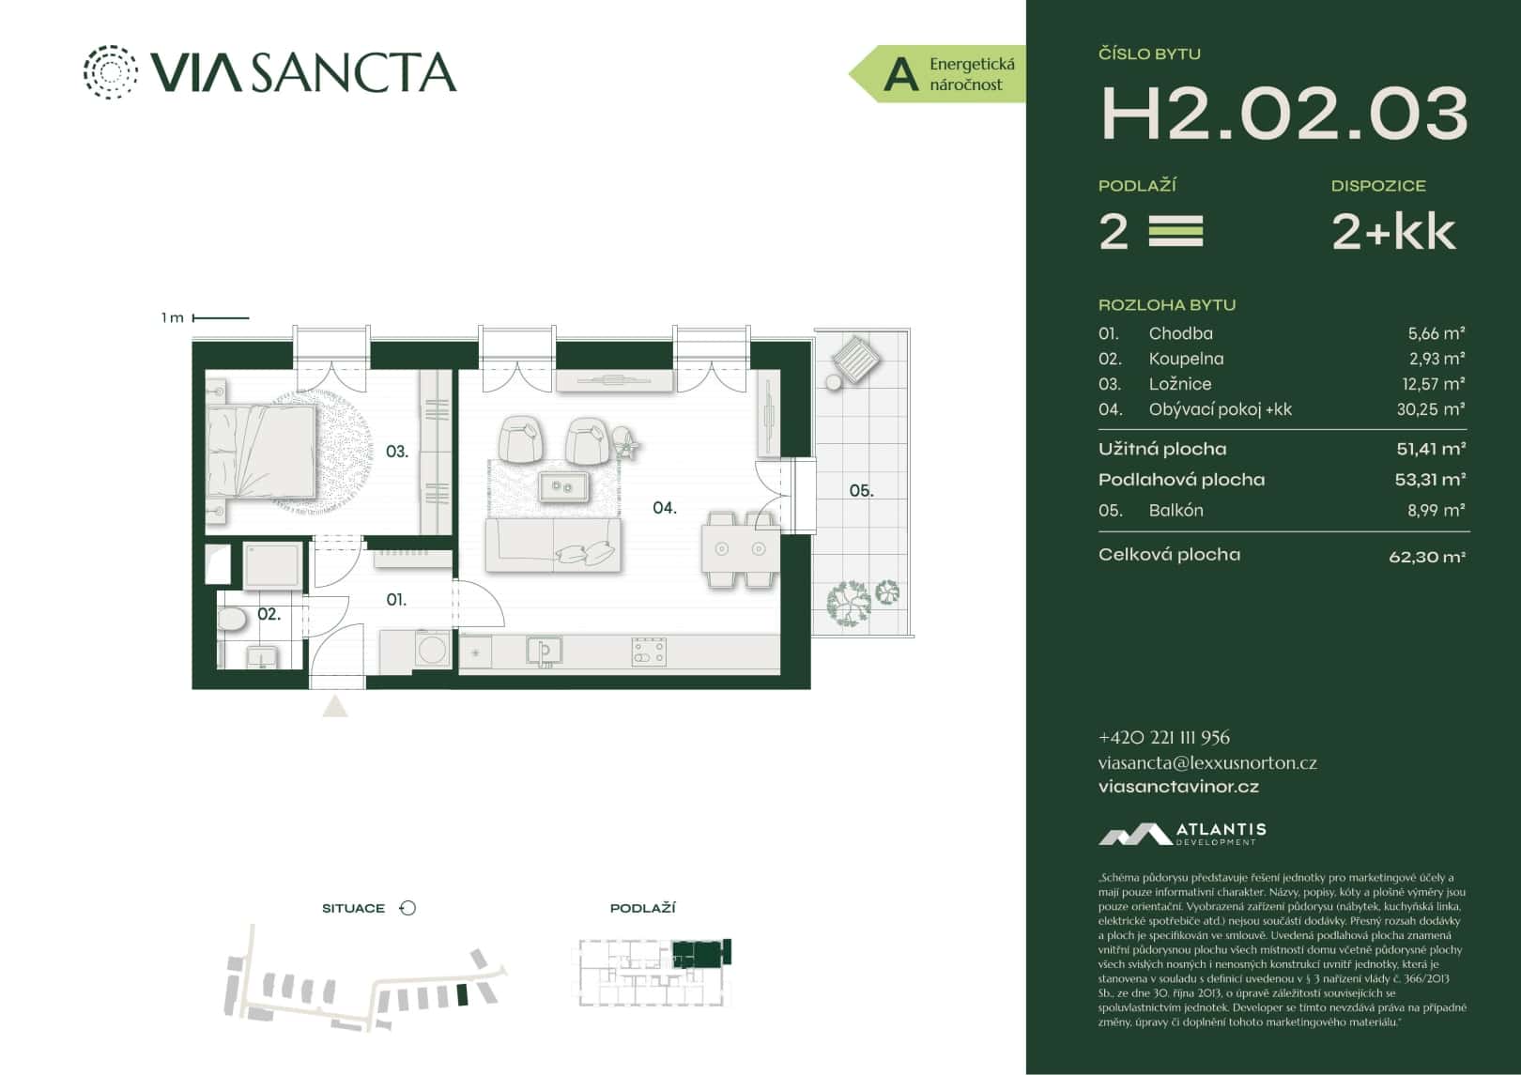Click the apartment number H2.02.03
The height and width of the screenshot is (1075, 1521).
pyautogui.click(x=1283, y=115)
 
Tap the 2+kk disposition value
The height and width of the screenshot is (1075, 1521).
pyautogui.click(x=1393, y=231)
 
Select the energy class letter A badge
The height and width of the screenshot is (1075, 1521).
pyautogui.click(x=900, y=74)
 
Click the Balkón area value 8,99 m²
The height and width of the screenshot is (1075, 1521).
pyautogui.click(x=1436, y=511)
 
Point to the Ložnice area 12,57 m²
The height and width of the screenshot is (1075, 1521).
pyautogui.click(x=1433, y=384)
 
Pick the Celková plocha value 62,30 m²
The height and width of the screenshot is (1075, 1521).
pyautogui.click(x=1426, y=557)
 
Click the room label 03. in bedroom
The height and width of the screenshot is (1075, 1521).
pyautogui.click(x=397, y=452)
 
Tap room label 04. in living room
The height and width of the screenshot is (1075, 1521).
pyautogui.click(x=664, y=508)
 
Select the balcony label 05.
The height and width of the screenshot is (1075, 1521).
pyautogui.click(x=861, y=490)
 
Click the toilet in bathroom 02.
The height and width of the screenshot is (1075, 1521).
pyautogui.click(x=231, y=619)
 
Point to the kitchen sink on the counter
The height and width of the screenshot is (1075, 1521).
pyautogui.click(x=544, y=649)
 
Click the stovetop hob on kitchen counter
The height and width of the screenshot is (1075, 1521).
pyautogui.click(x=649, y=651)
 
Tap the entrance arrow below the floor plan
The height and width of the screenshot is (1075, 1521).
pyautogui.click(x=335, y=706)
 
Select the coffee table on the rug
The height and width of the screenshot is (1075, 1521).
pyautogui.click(x=562, y=486)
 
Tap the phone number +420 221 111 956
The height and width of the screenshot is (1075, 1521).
pyautogui.click(x=1163, y=738)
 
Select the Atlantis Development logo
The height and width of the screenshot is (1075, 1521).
pyautogui.click(x=1182, y=834)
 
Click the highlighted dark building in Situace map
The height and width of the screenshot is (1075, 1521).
pyautogui.click(x=460, y=995)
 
